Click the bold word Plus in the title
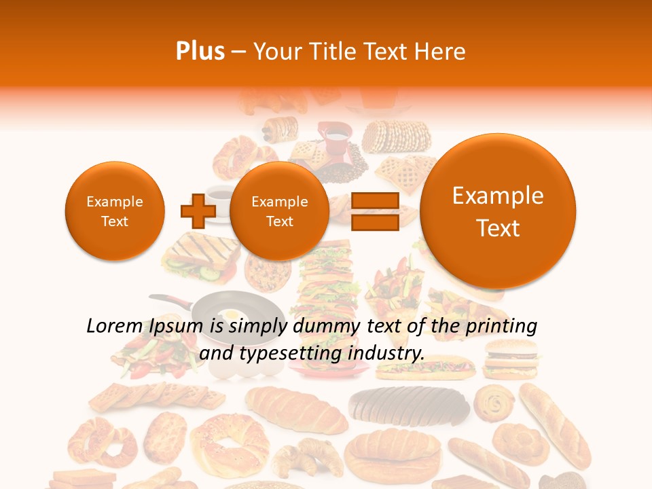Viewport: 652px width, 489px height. [x=200, y=51]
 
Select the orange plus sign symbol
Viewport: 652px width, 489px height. [x=198, y=211]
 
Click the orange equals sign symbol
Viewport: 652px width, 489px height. [x=374, y=211]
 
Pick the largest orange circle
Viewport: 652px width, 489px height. [x=498, y=211]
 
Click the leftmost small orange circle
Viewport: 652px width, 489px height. [x=115, y=211]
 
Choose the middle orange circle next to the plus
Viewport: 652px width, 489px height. [x=279, y=211]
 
